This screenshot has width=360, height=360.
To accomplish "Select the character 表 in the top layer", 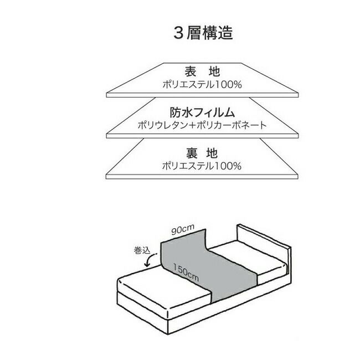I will click(x=190, y=72).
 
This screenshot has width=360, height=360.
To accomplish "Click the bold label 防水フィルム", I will click(x=202, y=113).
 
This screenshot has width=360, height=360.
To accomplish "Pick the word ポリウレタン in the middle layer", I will click(x=161, y=125).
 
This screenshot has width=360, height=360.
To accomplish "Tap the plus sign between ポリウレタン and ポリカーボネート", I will click(x=190, y=125).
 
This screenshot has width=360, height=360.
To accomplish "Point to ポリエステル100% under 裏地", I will click(x=202, y=166).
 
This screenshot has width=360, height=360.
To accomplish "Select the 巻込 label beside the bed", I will click(x=142, y=250).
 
